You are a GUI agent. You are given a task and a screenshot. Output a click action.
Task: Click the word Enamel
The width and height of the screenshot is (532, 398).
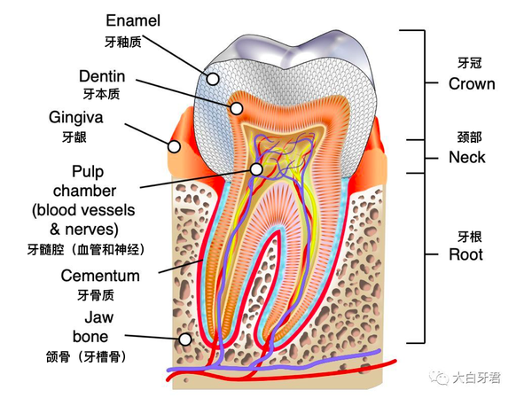click(135, 20)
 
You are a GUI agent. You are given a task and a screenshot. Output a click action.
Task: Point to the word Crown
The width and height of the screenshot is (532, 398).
click(472, 83)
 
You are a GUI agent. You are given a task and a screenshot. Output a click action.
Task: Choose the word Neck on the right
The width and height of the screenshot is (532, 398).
click(467, 157)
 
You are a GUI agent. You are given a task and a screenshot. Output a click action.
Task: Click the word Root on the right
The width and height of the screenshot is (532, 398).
click(465, 254)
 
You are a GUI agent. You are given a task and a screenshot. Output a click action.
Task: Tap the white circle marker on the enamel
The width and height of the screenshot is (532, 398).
click(213, 78)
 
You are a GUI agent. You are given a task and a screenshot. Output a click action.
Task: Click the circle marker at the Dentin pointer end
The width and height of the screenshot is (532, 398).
click(237, 108)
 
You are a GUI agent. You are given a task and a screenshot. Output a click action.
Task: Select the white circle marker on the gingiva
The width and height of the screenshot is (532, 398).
click(175, 146)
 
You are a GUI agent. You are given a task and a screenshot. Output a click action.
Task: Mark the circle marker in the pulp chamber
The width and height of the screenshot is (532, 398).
click(255, 168)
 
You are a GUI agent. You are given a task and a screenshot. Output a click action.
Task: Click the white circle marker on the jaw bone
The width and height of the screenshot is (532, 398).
click(185, 339)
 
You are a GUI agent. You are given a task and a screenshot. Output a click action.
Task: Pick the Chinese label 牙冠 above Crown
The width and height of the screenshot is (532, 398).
click(467, 63)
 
